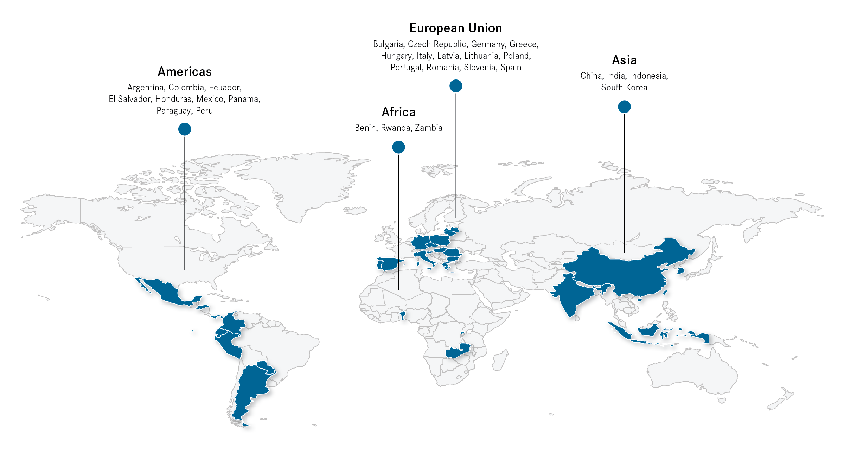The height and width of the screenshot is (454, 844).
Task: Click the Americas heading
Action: point(185,72)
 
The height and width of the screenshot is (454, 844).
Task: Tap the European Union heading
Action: point(456,28)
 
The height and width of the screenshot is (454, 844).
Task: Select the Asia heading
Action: point(624,60)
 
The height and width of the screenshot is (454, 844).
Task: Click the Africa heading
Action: point(398,112)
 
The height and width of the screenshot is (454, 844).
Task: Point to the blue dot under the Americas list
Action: point(185,129)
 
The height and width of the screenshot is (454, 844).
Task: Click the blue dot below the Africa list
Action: point(398,147)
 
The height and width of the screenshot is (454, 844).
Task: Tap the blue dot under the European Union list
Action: point(456,86)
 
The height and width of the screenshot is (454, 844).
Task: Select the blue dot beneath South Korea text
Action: point(624,107)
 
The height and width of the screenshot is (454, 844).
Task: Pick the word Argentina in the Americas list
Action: point(146,88)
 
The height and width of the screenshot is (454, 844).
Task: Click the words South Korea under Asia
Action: point(624,88)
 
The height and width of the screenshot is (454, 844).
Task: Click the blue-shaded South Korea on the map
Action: point(681,270)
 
